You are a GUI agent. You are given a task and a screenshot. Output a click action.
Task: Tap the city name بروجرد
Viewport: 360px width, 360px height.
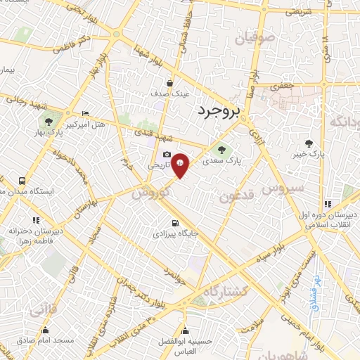(x=219, y=110)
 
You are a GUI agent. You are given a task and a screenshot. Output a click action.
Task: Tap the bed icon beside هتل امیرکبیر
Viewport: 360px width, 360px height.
(x=86, y=113)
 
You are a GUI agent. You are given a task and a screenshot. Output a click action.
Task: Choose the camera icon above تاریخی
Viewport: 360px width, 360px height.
(x=167, y=155)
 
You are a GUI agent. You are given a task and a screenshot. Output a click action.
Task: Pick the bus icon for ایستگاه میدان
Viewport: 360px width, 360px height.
(x=23, y=180)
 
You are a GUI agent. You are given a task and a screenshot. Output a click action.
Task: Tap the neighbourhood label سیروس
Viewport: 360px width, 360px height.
(x=282, y=188)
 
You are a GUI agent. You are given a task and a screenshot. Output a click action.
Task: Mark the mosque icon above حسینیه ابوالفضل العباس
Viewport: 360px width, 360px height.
(x=185, y=330)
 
